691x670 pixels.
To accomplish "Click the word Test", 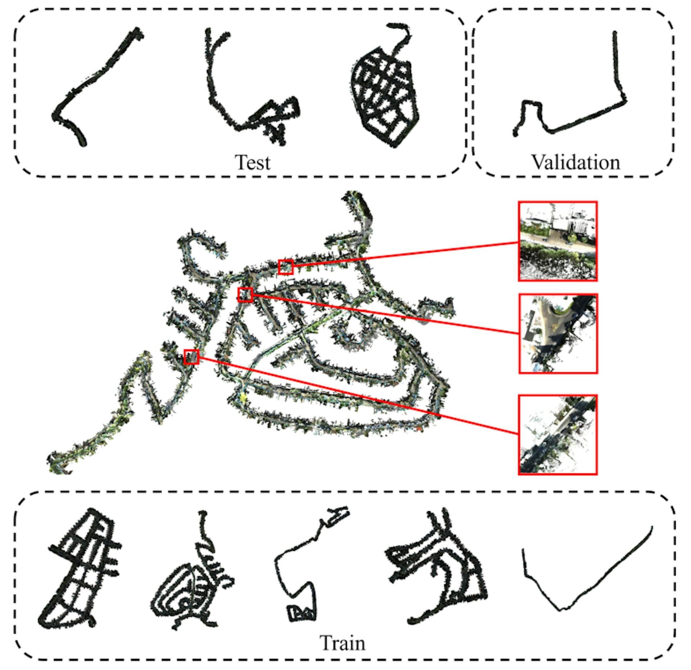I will pyautogui.click(x=252, y=162).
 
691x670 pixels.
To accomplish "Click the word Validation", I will pyautogui.click(x=576, y=162).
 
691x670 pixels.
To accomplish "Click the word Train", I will pyautogui.click(x=342, y=643).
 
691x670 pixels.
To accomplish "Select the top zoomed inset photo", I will pyautogui.click(x=558, y=241).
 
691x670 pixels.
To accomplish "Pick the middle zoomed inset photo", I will pyautogui.click(x=558, y=333).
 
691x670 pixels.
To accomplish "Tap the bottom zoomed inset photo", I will pyautogui.click(x=558, y=435).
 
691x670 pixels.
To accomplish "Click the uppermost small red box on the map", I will pyautogui.click(x=286, y=267).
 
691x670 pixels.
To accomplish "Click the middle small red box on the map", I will pyautogui.click(x=245, y=294).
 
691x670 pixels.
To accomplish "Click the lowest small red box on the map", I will pyautogui.click(x=191, y=357).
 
